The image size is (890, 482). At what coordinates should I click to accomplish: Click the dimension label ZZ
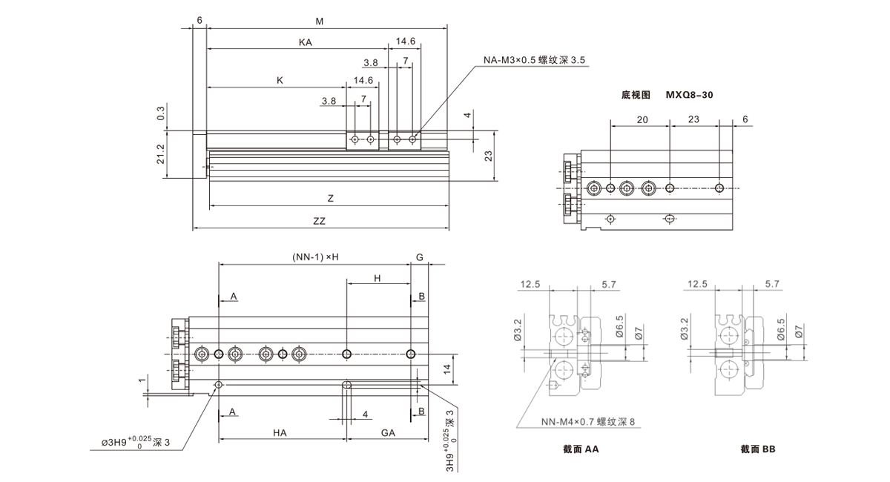320,221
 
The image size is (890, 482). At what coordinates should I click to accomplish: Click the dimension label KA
305,43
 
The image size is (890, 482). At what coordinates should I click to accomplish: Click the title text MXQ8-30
690,95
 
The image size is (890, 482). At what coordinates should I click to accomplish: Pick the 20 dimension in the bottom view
642,119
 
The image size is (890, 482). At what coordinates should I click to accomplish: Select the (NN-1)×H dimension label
314,257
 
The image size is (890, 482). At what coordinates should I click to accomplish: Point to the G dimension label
419,257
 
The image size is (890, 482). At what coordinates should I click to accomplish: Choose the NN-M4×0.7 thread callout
588,423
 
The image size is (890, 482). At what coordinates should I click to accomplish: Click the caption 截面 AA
581,449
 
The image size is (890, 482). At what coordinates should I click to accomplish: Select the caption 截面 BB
757,449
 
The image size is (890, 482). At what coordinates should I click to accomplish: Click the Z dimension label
330,199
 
